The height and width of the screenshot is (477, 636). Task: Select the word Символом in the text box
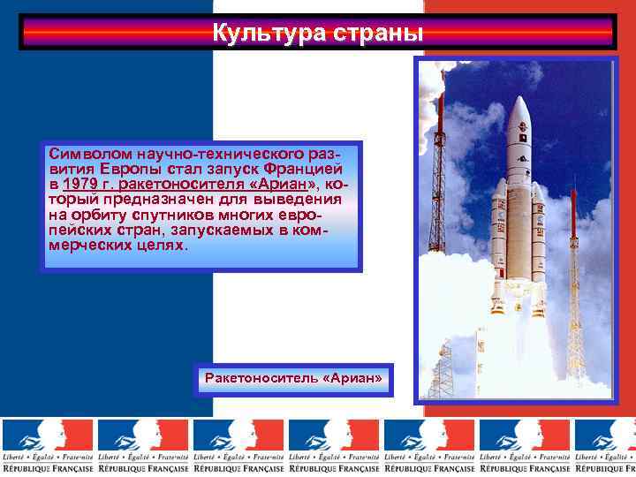[x=82, y=154]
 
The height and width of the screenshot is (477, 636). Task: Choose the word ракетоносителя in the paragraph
[x=185, y=184]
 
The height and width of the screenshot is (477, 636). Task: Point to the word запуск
[x=238, y=169]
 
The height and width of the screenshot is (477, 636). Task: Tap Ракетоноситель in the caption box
[x=261, y=378]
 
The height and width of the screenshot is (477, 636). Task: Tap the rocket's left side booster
[x=499, y=238]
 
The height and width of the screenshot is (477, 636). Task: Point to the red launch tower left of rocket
[x=439, y=177]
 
